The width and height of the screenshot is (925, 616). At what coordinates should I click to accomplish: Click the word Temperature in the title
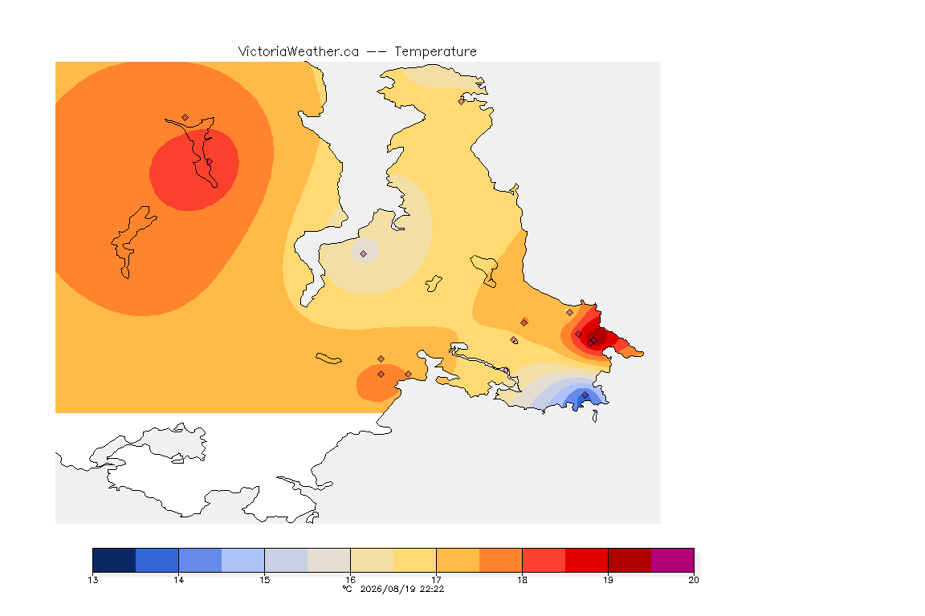click(435, 52)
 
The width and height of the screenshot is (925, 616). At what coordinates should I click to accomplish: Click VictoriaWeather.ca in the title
click(299, 52)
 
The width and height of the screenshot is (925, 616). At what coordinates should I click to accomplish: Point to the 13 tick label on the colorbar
click(92, 580)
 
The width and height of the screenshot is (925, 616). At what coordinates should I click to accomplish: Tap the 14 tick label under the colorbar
click(179, 580)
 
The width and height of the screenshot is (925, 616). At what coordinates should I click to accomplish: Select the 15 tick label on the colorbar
click(264, 580)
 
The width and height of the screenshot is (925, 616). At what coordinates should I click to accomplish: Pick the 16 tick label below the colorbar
click(350, 580)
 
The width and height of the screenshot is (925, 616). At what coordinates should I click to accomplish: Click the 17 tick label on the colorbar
click(436, 580)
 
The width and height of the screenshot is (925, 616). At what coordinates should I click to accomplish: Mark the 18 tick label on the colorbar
click(522, 580)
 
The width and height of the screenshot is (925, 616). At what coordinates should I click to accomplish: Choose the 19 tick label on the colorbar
click(608, 580)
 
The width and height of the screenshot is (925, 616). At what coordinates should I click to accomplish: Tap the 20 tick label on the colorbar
click(694, 580)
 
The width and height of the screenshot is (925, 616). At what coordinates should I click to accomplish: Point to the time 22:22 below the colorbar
click(432, 589)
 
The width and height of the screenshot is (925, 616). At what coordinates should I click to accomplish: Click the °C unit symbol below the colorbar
click(348, 589)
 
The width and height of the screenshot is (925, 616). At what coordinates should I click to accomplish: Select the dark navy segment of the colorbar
click(115, 560)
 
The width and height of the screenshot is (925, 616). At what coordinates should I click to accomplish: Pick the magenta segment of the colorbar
click(673, 560)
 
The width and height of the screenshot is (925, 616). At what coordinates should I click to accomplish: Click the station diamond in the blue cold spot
click(585, 395)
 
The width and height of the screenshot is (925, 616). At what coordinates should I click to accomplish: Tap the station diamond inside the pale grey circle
click(364, 254)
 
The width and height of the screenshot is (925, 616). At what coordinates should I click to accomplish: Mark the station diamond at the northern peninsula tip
click(462, 101)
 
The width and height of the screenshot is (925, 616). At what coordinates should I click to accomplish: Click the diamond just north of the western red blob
click(185, 118)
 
